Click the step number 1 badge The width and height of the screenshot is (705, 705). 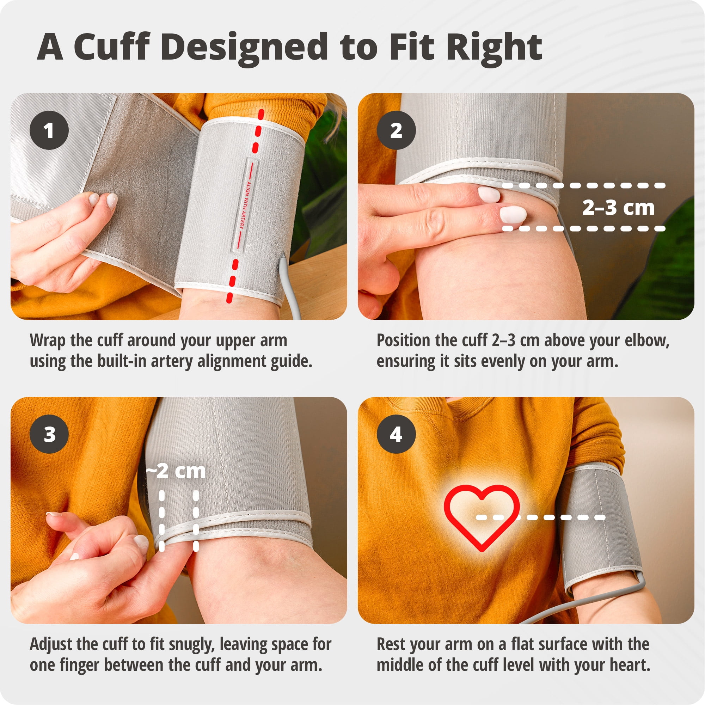click(x=49, y=130)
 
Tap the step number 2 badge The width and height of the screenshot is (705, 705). click(x=396, y=130)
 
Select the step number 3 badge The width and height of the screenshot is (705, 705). click(x=49, y=434)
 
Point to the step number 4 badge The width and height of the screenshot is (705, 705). click(x=396, y=434)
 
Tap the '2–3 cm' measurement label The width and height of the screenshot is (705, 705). click(x=618, y=207)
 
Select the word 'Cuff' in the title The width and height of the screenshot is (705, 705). click(x=112, y=48)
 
